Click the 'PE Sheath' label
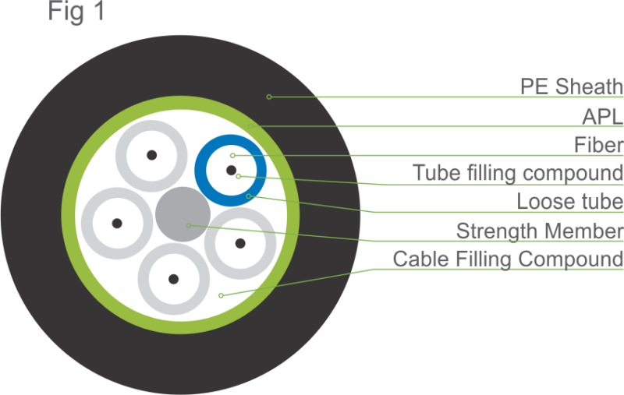[571, 86]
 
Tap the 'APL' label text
[602, 116]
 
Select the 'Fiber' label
[598, 145]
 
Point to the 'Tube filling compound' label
[518, 172]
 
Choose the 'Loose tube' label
[569, 202]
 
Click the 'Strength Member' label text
[539, 231]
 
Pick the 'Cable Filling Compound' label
[508, 258]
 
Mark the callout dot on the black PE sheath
[269, 97]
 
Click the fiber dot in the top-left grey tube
[151, 155]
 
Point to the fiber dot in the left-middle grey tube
[117, 223]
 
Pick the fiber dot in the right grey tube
[239, 242]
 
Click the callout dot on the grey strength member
[188, 225]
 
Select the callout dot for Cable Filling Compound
[222, 294]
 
